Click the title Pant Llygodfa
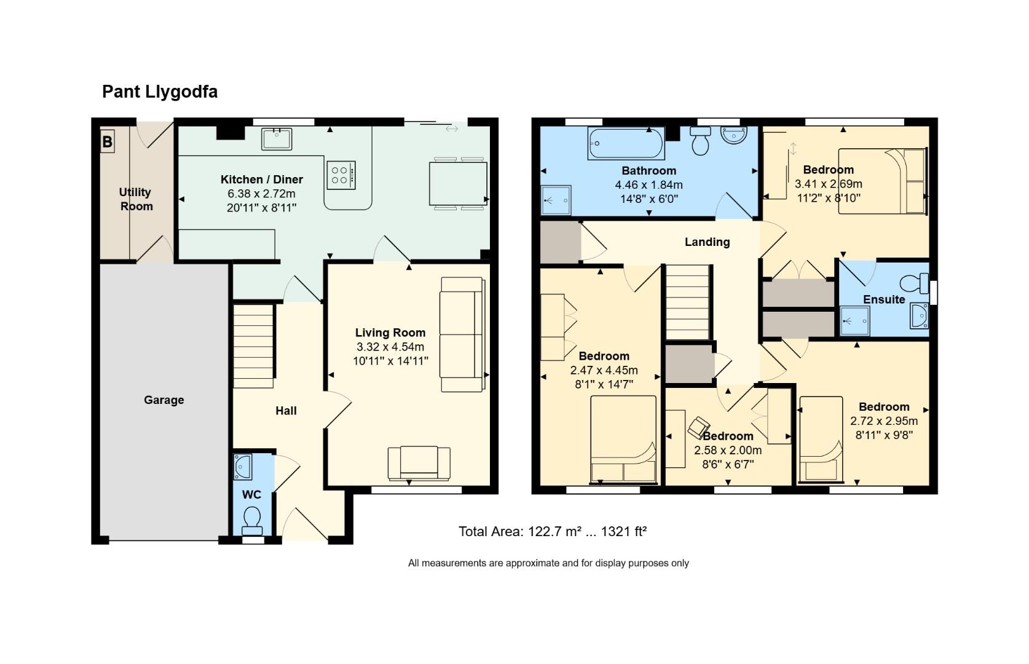click(x=160, y=92)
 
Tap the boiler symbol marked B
click(x=107, y=142)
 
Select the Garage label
click(x=164, y=400)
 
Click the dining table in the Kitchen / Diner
click(x=458, y=183)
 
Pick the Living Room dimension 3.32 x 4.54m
click(x=390, y=347)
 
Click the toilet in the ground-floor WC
click(x=251, y=520)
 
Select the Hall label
click(x=286, y=411)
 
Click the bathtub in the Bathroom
click(x=626, y=143)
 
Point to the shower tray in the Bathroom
click(x=556, y=200)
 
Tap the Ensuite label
click(x=884, y=299)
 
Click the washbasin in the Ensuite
click(x=919, y=316)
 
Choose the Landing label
click(x=707, y=242)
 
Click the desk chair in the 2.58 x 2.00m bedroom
click(x=698, y=426)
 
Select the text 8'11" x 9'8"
click(x=884, y=435)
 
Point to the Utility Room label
click(x=136, y=199)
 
